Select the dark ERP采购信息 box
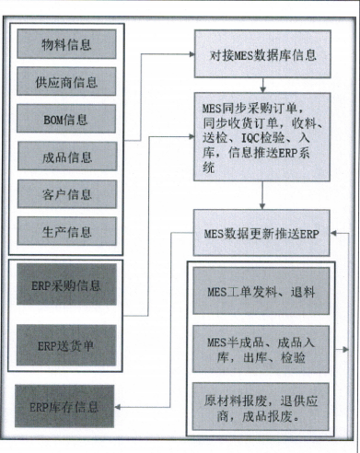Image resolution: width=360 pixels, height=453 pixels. coord(65,285)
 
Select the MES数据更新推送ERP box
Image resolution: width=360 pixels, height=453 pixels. coord(261,234)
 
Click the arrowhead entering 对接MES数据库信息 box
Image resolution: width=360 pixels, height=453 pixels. coord(190,54)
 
